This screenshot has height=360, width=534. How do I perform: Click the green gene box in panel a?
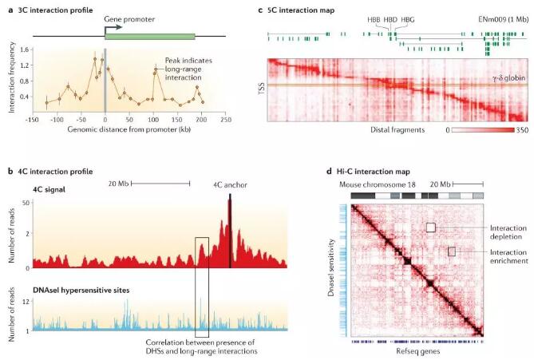(150, 36)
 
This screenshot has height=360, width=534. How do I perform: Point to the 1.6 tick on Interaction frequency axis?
(32, 49)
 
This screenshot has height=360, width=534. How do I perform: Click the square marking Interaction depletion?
(430, 227)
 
